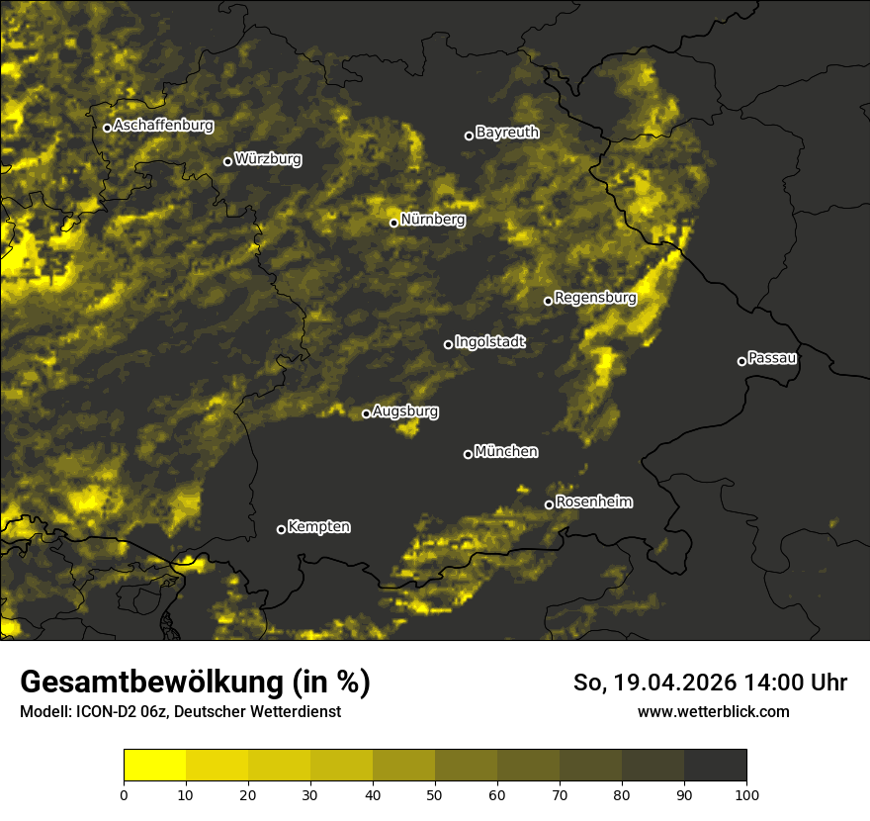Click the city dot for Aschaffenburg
107,128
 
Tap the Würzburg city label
268,159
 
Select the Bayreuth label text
507,133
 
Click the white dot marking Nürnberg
393,223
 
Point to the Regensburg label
595,298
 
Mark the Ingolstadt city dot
448,344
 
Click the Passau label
772,358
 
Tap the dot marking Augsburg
366,413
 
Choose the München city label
506,452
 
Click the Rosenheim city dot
549,505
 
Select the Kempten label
318,527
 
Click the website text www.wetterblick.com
713,711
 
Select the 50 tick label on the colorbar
435,794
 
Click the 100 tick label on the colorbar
746,794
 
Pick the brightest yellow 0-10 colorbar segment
154,765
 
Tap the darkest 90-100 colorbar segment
715,765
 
